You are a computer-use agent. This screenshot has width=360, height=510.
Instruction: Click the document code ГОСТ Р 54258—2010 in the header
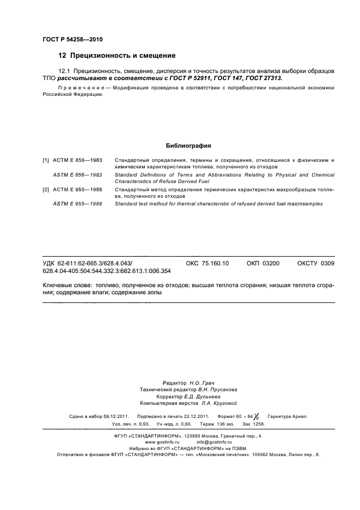[72, 40]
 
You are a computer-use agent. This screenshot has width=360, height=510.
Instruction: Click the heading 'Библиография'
[188, 146]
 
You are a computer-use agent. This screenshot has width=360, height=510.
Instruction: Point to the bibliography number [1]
[46, 160]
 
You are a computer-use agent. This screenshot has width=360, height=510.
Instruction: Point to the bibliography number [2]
[46, 189]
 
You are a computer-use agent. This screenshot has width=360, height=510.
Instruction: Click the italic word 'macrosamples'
[304, 203]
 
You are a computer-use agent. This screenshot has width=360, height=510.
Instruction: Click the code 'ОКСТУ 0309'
[315, 263]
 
